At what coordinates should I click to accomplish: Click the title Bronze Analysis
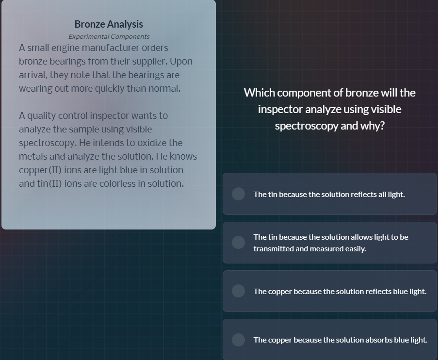click(109, 24)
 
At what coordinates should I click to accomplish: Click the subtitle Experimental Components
click(109, 36)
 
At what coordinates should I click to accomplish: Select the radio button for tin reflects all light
click(238, 194)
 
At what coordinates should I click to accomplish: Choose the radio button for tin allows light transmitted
click(238, 243)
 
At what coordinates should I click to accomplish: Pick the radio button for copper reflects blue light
click(238, 291)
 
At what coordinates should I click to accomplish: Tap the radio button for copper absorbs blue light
click(238, 340)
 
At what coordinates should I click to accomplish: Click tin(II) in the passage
click(48, 184)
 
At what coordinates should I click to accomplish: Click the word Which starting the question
click(259, 93)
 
